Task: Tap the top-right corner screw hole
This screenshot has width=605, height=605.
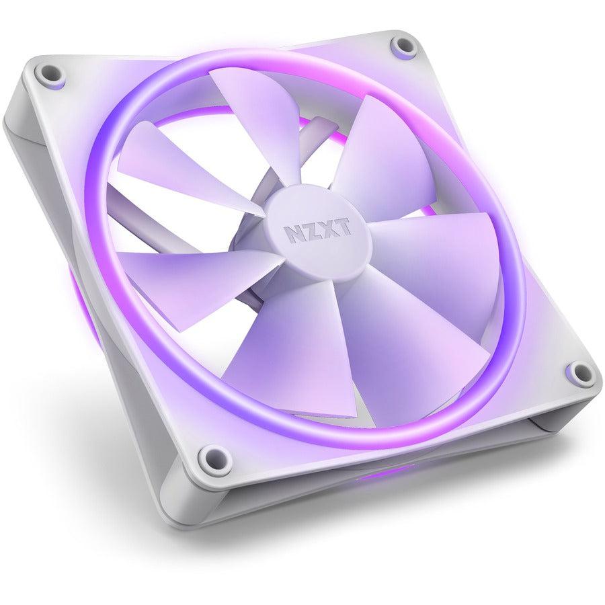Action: click(x=404, y=46)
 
